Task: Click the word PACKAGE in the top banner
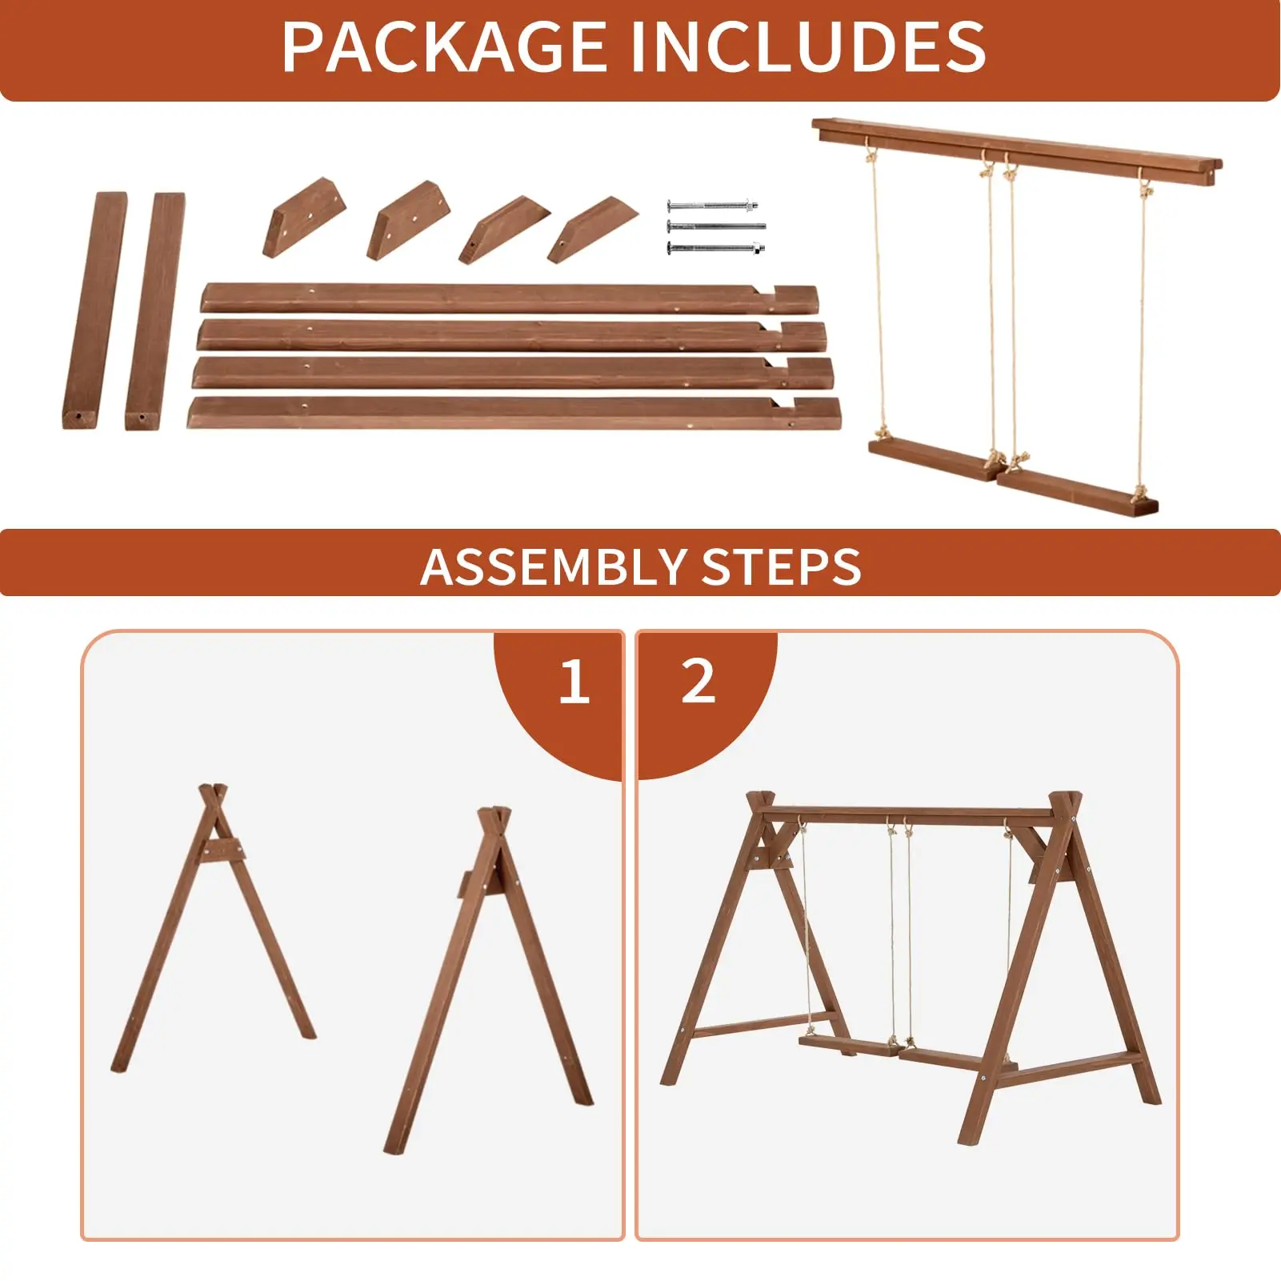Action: [444, 47]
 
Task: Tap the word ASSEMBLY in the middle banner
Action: [552, 567]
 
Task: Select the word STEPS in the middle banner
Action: [781, 567]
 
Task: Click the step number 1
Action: [574, 683]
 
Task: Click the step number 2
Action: [698, 682]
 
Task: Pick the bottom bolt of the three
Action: [715, 249]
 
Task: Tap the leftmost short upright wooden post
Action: [94, 310]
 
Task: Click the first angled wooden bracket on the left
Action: [304, 217]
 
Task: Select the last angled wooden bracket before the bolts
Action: [593, 229]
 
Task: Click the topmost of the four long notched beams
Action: [510, 298]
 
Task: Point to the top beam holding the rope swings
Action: [1017, 153]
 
